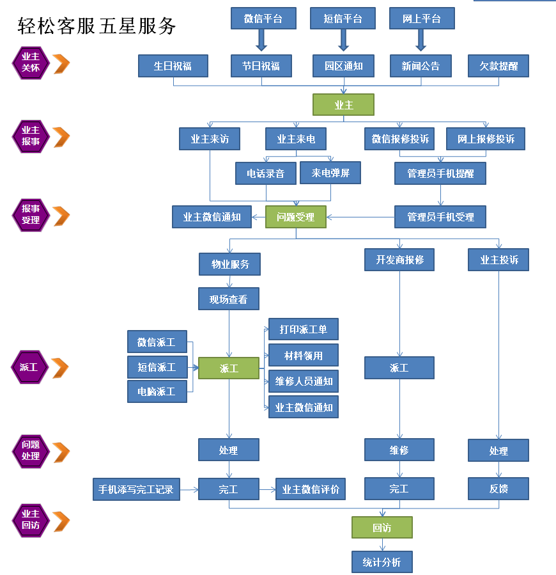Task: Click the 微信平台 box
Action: (x=263, y=19)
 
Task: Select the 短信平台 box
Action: (x=343, y=19)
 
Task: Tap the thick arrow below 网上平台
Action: (x=421, y=40)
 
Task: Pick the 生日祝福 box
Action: (x=173, y=66)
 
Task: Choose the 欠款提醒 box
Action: (x=498, y=66)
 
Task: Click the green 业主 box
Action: (x=343, y=105)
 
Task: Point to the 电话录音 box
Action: (x=265, y=173)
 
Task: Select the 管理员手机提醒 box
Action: (x=440, y=173)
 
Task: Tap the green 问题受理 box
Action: (x=296, y=217)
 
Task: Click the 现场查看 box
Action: (x=229, y=299)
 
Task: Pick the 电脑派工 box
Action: (x=157, y=391)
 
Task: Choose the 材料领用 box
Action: (x=304, y=356)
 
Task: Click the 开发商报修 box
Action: (x=399, y=260)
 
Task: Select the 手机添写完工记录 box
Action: (x=136, y=489)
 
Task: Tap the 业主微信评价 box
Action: (x=311, y=489)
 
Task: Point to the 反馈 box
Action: (x=498, y=489)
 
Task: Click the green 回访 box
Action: (x=382, y=528)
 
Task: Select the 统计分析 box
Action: (x=382, y=562)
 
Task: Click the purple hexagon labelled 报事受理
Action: (x=30, y=214)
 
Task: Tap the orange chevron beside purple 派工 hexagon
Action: (x=60, y=367)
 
